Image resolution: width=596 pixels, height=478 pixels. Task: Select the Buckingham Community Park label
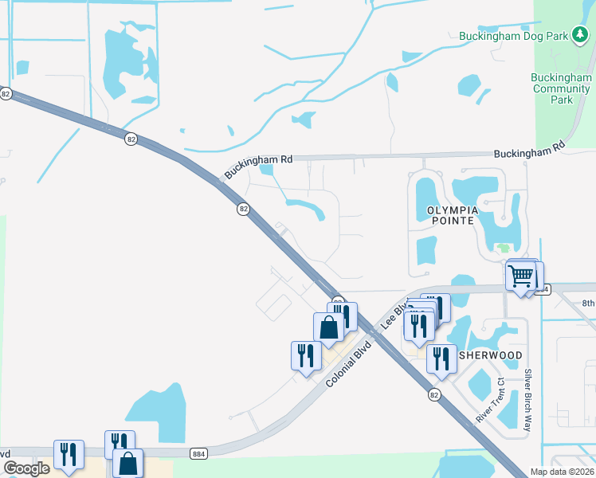pyautogui.click(x=562, y=88)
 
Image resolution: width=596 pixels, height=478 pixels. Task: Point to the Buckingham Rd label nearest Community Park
pyautogui.click(x=529, y=150)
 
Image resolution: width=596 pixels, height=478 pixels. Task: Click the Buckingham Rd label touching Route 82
pyautogui.click(x=258, y=167)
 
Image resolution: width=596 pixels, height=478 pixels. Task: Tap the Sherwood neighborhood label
pyautogui.click(x=490, y=355)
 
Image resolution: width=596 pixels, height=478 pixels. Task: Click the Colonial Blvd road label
pyautogui.click(x=355, y=361)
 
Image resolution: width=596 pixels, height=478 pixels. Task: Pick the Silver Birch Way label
pyautogui.click(x=527, y=401)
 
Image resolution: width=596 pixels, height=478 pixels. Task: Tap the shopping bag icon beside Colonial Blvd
pyautogui.click(x=328, y=327)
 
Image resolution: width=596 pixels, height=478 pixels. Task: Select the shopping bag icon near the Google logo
pyautogui.click(x=127, y=462)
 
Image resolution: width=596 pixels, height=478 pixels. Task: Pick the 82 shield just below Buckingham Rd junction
pyautogui.click(x=244, y=209)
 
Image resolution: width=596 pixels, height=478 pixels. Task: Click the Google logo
pyautogui.click(x=26, y=468)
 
